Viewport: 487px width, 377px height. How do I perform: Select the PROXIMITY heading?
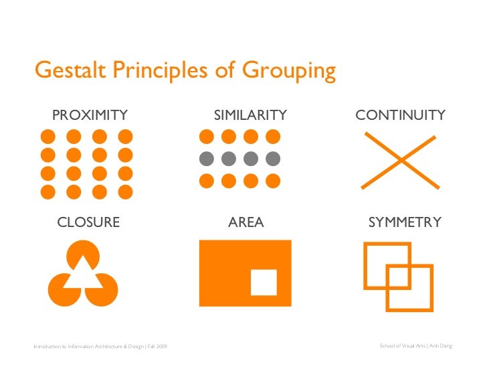[x=90, y=115]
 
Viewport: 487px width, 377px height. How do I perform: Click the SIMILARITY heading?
[x=250, y=115]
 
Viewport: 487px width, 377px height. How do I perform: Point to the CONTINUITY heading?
[x=400, y=115]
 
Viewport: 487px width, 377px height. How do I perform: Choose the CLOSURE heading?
[x=88, y=222]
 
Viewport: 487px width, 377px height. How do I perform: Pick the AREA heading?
[x=246, y=222]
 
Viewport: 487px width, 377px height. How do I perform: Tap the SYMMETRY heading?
[x=405, y=222]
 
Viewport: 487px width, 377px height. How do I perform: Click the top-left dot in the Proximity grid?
[x=48, y=137]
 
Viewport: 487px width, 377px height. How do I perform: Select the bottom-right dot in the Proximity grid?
[x=126, y=192]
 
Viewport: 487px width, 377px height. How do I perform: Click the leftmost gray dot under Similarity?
[x=207, y=159]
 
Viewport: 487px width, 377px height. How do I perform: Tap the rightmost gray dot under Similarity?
[x=272, y=159]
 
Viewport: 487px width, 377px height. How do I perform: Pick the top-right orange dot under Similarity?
[x=272, y=137]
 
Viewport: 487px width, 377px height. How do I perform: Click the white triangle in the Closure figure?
[x=83, y=274]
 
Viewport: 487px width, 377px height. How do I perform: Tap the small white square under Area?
[x=264, y=282]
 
